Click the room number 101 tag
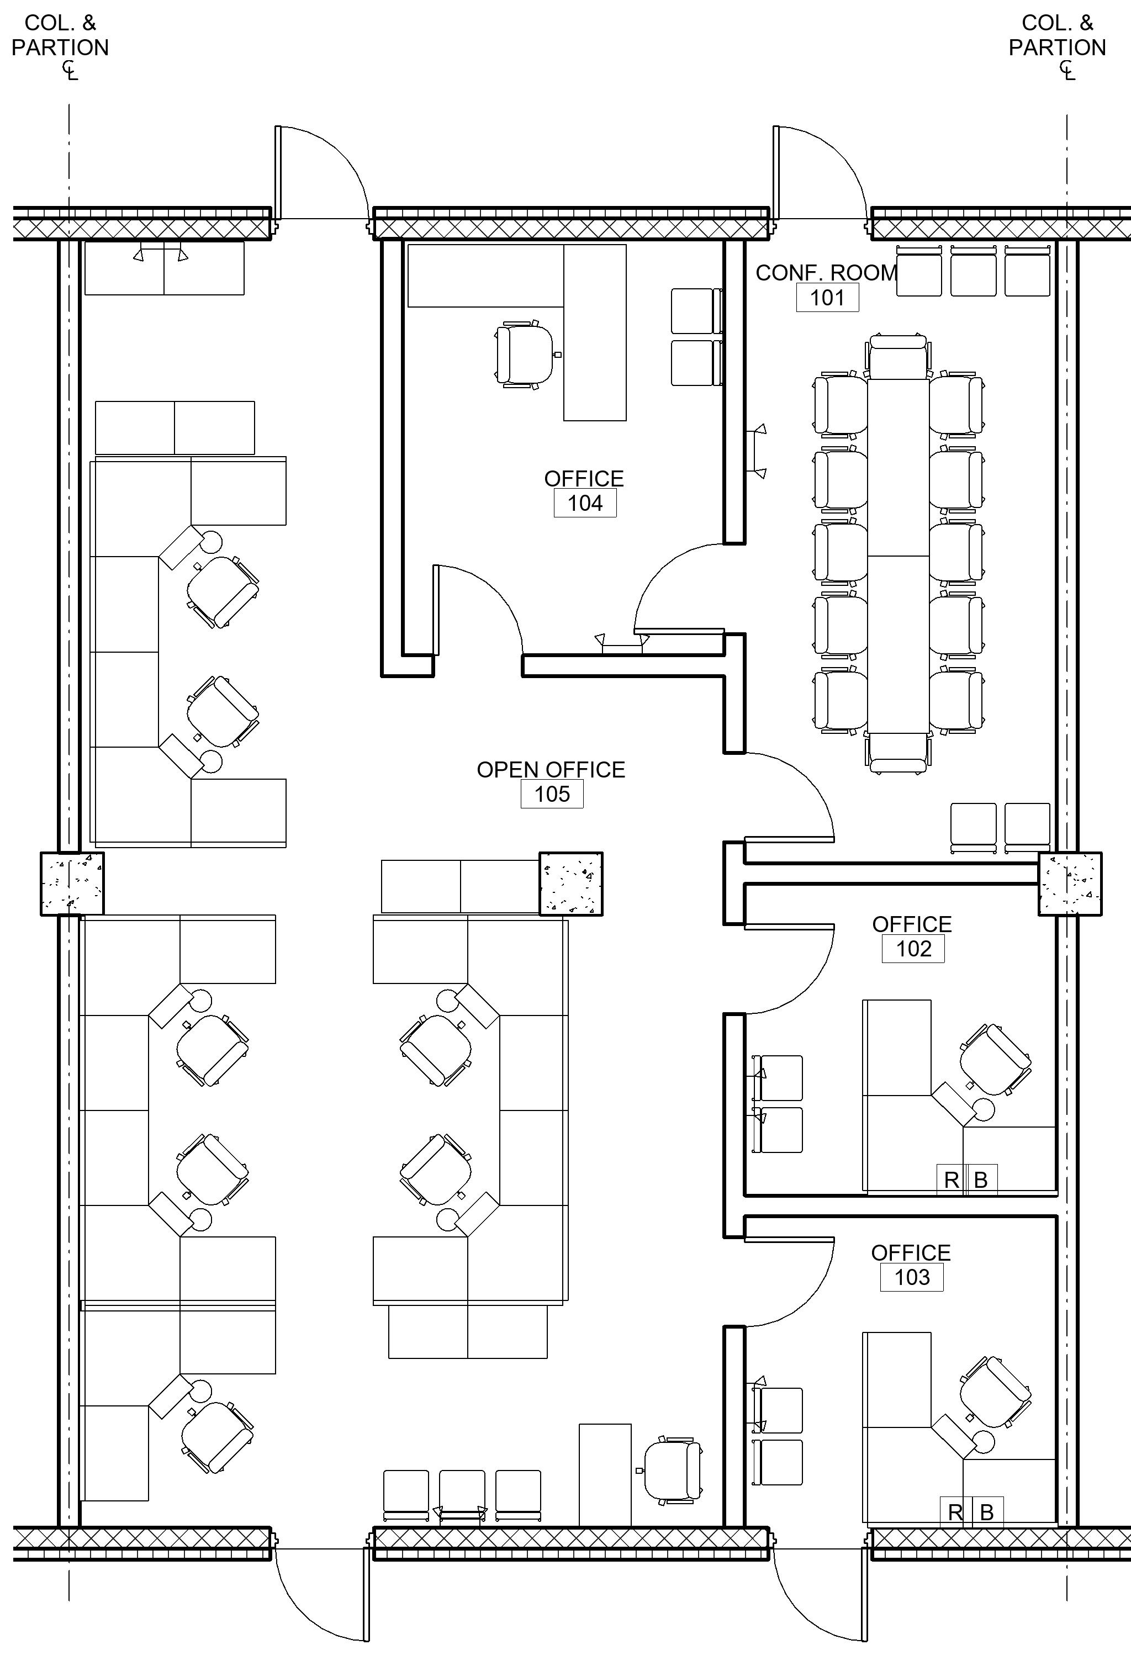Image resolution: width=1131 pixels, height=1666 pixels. click(827, 298)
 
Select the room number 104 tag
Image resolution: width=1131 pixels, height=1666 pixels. click(585, 503)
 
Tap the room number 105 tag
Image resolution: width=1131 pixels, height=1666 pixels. click(552, 794)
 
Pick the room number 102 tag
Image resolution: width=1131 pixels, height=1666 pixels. click(913, 949)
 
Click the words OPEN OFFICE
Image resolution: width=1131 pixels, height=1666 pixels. click(551, 770)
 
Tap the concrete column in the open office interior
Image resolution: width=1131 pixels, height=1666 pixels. click(570, 884)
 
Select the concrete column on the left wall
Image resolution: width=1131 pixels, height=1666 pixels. click(72, 884)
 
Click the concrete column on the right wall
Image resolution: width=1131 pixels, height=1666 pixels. click(1070, 884)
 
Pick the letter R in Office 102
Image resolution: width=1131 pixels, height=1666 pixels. click(952, 1180)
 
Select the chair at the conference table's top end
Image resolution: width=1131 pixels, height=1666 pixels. click(898, 356)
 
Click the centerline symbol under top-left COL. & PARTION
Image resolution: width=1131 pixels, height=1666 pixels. click(70, 70)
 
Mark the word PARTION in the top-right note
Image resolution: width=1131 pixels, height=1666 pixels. click(1057, 48)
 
